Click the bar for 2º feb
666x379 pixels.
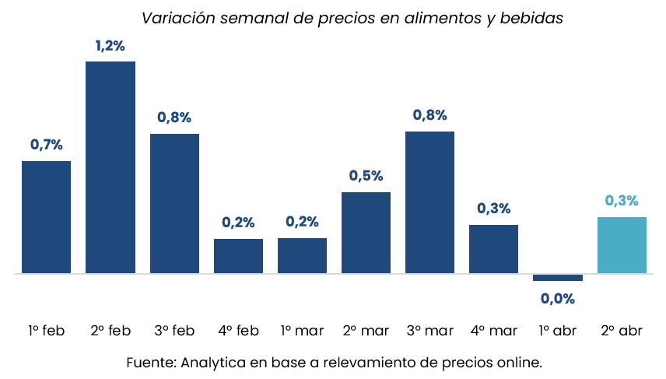coord(110,167)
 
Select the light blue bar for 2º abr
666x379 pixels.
coord(622,245)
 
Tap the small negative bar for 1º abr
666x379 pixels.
coord(558,277)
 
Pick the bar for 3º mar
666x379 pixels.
coord(429,202)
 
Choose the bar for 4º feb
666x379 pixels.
coord(238,256)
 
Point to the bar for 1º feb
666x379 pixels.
coord(46,217)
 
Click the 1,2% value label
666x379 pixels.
coord(110,46)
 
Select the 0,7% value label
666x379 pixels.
coord(46,145)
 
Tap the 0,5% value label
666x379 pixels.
coord(366,176)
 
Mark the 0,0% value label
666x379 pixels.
coord(558,299)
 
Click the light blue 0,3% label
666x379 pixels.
coord(622,201)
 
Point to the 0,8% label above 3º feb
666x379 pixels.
coord(174,118)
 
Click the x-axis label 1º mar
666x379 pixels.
coord(302,331)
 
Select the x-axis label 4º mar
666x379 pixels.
coord(494,331)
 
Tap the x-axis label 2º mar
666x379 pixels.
coord(366,331)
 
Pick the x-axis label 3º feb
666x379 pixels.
coord(174,331)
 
